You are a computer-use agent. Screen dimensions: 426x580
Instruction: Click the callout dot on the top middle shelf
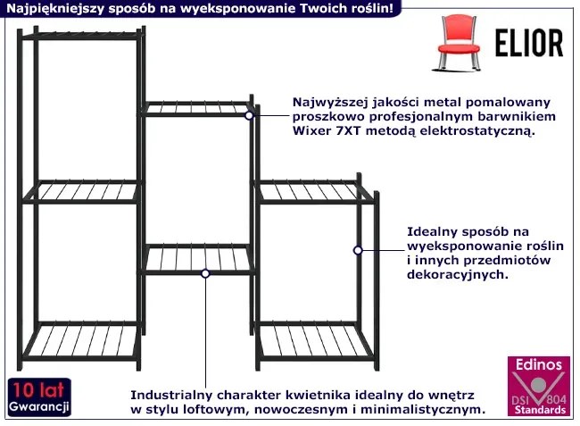250,114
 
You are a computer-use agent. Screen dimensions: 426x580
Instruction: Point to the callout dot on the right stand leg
357,251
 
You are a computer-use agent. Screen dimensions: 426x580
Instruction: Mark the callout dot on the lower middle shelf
206,273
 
